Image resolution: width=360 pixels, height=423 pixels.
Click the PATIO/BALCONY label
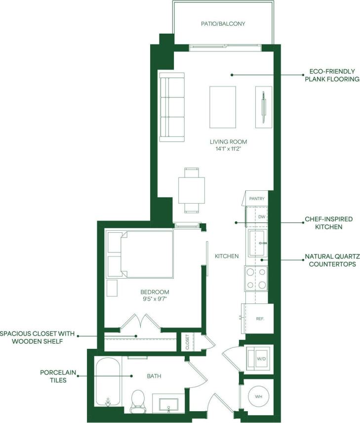[x=223, y=23]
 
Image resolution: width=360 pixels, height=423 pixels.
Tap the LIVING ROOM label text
[x=228, y=142]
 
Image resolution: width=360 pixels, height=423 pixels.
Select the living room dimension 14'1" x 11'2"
[x=228, y=149]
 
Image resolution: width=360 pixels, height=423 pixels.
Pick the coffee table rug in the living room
[x=223, y=106]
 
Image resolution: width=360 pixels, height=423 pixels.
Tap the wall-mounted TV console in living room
[x=264, y=106]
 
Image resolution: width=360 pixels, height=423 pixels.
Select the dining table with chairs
[x=191, y=190]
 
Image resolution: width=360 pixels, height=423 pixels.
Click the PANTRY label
[x=257, y=199]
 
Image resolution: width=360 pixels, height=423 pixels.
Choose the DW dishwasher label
[x=262, y=217]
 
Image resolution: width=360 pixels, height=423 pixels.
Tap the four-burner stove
[x=256, y=279]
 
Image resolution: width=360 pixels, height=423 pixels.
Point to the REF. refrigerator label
[x=261, y=319]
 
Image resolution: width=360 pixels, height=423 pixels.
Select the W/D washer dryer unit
[x=260, y=358]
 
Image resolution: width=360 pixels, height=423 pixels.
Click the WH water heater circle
[x=259, y=396]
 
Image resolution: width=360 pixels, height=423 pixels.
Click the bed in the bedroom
[x=140, y=254]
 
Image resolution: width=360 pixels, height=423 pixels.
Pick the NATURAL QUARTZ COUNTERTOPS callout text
[x=332, y=260]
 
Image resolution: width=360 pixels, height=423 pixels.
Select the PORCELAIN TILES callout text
[x=54, y=376]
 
